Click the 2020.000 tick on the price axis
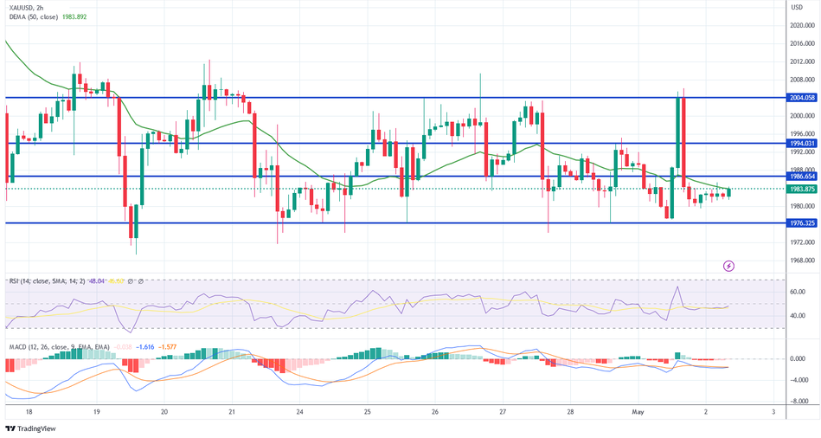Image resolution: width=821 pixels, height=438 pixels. [803, 25]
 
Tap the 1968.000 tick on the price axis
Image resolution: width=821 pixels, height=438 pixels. [803, 260]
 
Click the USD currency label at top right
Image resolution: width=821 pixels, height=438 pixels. [796, 6]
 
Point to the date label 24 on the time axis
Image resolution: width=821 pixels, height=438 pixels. [299, 413]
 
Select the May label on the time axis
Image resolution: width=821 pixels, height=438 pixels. [638, 413]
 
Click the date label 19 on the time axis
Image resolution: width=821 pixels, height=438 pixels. [96, 413]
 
